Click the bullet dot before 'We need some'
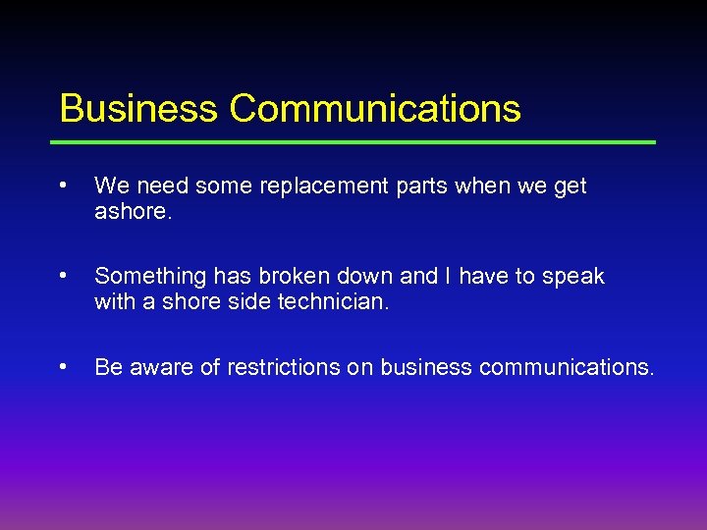[63, 185]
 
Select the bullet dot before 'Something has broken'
[63, 276]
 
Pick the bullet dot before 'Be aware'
[63, 366]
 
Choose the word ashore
[134, 212]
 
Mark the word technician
[334, 302]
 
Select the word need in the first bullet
[159, 186]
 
